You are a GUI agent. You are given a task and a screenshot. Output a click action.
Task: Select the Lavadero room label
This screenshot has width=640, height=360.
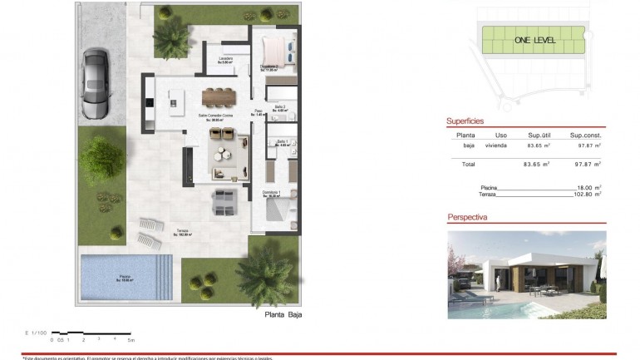[x=225, y=59]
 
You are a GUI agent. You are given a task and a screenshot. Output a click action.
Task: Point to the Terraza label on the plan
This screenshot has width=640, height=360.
[x=182, y=232]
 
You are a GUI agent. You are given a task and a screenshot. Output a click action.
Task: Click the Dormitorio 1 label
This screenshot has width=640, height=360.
[x=272, y=193]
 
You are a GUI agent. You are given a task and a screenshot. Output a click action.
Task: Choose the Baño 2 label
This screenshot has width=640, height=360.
[x=281, y=107]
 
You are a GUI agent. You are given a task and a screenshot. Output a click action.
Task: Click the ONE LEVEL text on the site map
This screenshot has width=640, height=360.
[x=534, y=39]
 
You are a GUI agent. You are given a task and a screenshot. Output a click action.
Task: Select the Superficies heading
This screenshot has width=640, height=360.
[x=465, y=121]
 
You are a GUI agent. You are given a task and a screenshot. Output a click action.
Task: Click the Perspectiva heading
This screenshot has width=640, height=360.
[x=467, y=217]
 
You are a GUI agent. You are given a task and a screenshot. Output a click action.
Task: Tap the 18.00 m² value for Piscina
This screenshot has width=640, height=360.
[x=587, y=188]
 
